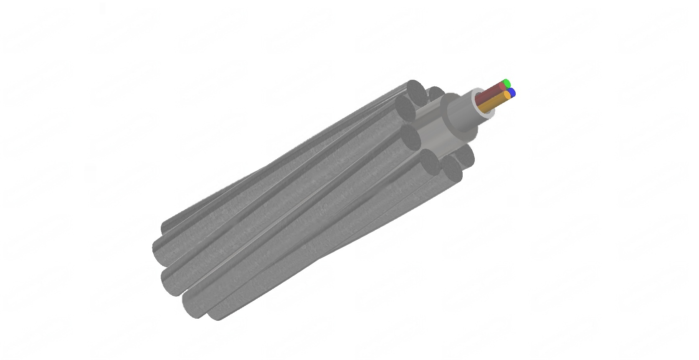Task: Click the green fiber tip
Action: tap(507, 83)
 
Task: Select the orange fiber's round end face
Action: tap(507, 96)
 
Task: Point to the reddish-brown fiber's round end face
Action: tap(502, 86)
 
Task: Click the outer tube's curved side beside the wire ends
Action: tap(434, 134)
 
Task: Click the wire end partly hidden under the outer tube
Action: tap(465, 155)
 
